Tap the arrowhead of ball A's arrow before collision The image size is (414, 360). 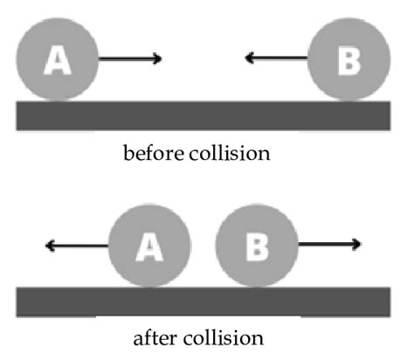click(x=157, y=59)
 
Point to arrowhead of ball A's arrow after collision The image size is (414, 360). click(x=50, y=246)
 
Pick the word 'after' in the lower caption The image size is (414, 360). click(x=159, y=337)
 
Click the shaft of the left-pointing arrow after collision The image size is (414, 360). click(x=79, y=246)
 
